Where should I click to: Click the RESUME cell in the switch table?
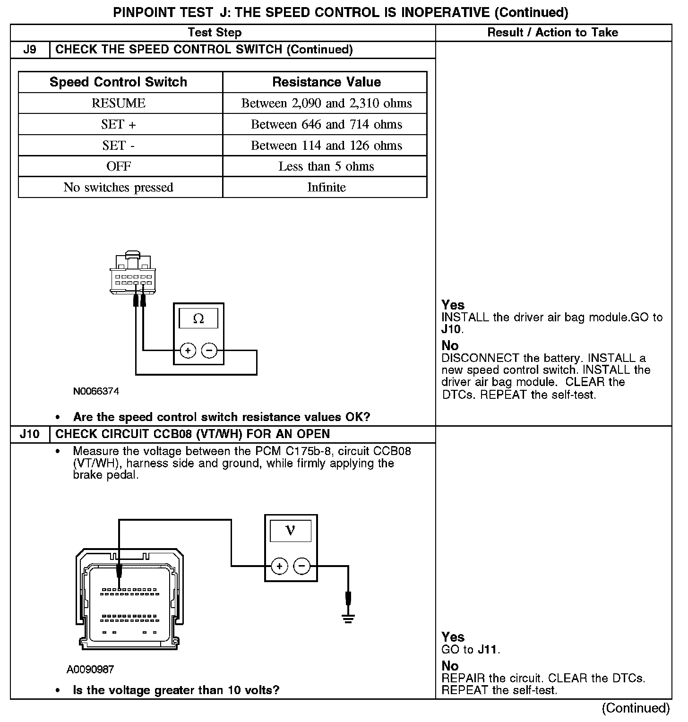click(x=119, y=103)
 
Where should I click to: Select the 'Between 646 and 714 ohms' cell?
click(x=327, y=124)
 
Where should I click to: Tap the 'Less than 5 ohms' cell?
click(x=327, y=166)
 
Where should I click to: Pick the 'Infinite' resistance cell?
click(x=327, y=187)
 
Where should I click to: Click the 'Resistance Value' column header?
click(x=327, y=82)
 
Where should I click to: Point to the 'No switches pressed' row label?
click(x=119, y=187)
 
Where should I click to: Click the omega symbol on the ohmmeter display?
click(x=198, y=319)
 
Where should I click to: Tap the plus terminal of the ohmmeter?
click(x=188, y=351)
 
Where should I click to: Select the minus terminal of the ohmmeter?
click(x=209, y=351)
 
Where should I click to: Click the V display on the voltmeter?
click(x=291, y=531)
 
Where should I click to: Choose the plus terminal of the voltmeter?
click(x=280, y=566)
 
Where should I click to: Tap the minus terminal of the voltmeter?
click(x=301, y=566)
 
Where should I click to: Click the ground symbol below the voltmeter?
click(x=348, y=619)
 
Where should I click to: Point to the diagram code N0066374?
click(x=96, y=391)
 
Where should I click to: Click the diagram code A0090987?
click(x=90, y=669)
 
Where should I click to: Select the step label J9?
click(x=30, y=50)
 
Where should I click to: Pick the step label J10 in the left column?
click(x=30, y=434)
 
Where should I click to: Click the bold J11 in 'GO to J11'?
click(x=487, y=649)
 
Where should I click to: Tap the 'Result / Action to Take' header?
click(x=553, y=33)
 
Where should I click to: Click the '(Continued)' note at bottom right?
click(x=636, y=708)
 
